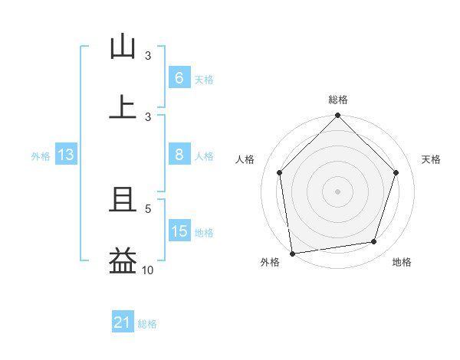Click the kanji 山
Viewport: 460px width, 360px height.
coord(123,47)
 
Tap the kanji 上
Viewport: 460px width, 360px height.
coord(123,106)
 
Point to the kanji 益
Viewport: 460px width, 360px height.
coord(123,260)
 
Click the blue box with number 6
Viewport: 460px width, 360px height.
coord(179,78)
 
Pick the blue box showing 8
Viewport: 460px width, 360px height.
coord(179,155)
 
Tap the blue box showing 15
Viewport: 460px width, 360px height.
coord(179,231)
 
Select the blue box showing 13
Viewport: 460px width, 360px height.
coord(65,155)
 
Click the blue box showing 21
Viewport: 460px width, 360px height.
coord(122,323)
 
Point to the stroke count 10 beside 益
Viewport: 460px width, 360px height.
coord(148,270)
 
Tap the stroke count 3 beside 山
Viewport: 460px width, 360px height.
coord(148,56)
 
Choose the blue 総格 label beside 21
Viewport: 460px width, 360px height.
coord(147,324)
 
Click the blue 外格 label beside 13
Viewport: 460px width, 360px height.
coord(41,155)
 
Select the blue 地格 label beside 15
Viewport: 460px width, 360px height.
coord(204,232)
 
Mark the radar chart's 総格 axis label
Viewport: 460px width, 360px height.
coord(337,100)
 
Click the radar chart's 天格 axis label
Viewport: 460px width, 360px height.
coord(432,159)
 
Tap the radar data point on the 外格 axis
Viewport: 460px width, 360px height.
coord(292,253)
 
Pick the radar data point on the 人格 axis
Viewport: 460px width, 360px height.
coord(279,172)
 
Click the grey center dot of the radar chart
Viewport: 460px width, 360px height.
coord(337,191)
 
